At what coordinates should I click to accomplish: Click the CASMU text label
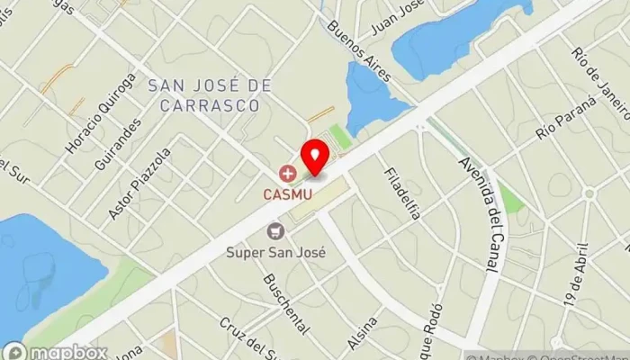(287, 192)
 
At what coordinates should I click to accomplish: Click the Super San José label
(275, 252)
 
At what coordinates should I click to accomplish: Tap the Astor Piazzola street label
(138, 184)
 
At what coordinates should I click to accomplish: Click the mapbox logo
(56, 351)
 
